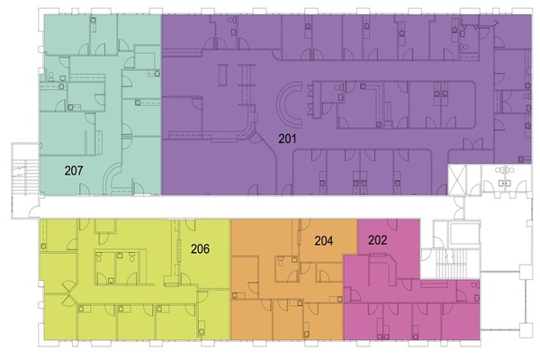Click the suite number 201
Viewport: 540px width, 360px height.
click(x=287, y=139)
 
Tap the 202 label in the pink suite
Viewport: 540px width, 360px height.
click(x=377, y=239)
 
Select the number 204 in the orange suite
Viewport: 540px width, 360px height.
click(x=324, y=240)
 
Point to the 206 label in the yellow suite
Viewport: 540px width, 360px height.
click(x=200, y=248)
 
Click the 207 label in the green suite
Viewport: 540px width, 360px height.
click(x=74, y=170)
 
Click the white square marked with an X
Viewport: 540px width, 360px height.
click(x=457, y=179)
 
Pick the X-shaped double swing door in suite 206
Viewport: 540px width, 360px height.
click(x=68, y=292)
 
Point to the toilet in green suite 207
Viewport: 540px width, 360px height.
click(x=51, y=76)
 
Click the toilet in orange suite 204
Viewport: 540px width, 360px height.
click(x=281, y=263)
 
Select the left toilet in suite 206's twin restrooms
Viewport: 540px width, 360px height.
click(x=99, y=257)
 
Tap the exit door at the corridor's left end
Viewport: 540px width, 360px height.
click(x=33, y=212)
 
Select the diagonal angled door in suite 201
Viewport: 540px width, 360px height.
click(x=256, y=138)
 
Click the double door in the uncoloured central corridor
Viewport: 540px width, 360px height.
click(x=459, y=207)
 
